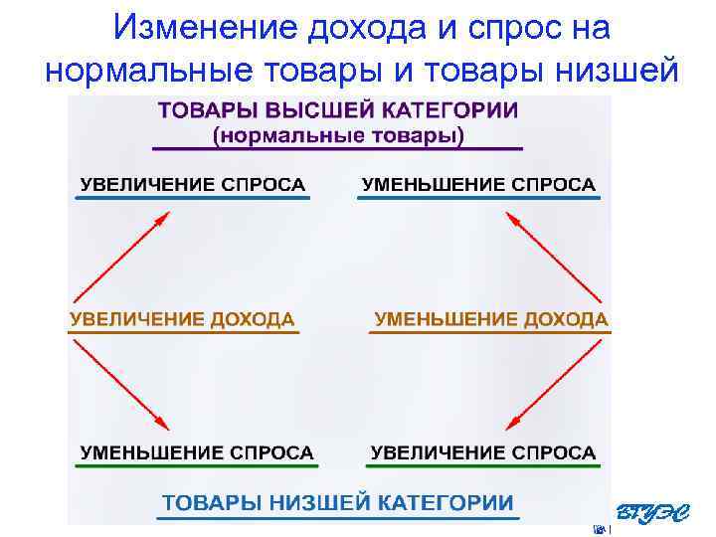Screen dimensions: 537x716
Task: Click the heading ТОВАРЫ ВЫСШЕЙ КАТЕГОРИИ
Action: tap(338, 110)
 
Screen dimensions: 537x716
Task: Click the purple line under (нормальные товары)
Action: tap(337, 148)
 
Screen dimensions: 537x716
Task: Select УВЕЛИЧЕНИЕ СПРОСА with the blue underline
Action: tap(193, 184)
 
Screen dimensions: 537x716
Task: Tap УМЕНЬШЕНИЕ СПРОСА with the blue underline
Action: tap(478, 184)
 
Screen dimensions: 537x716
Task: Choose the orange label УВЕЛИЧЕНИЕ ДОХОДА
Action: tap(181, 319)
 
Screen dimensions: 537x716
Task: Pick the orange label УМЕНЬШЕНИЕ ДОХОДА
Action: tap(490, 319)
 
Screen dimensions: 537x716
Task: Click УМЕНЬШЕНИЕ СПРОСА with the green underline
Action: tap(197, 452)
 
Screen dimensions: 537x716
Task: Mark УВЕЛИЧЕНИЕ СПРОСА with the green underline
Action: tap(483, 452)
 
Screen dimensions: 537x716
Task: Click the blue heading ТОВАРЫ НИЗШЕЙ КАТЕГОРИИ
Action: tap(338, 502)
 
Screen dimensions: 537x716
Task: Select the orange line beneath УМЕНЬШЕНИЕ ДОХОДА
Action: tap(488, 332)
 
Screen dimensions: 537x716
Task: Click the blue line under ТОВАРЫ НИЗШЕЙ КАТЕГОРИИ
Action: tap(338, 517)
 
